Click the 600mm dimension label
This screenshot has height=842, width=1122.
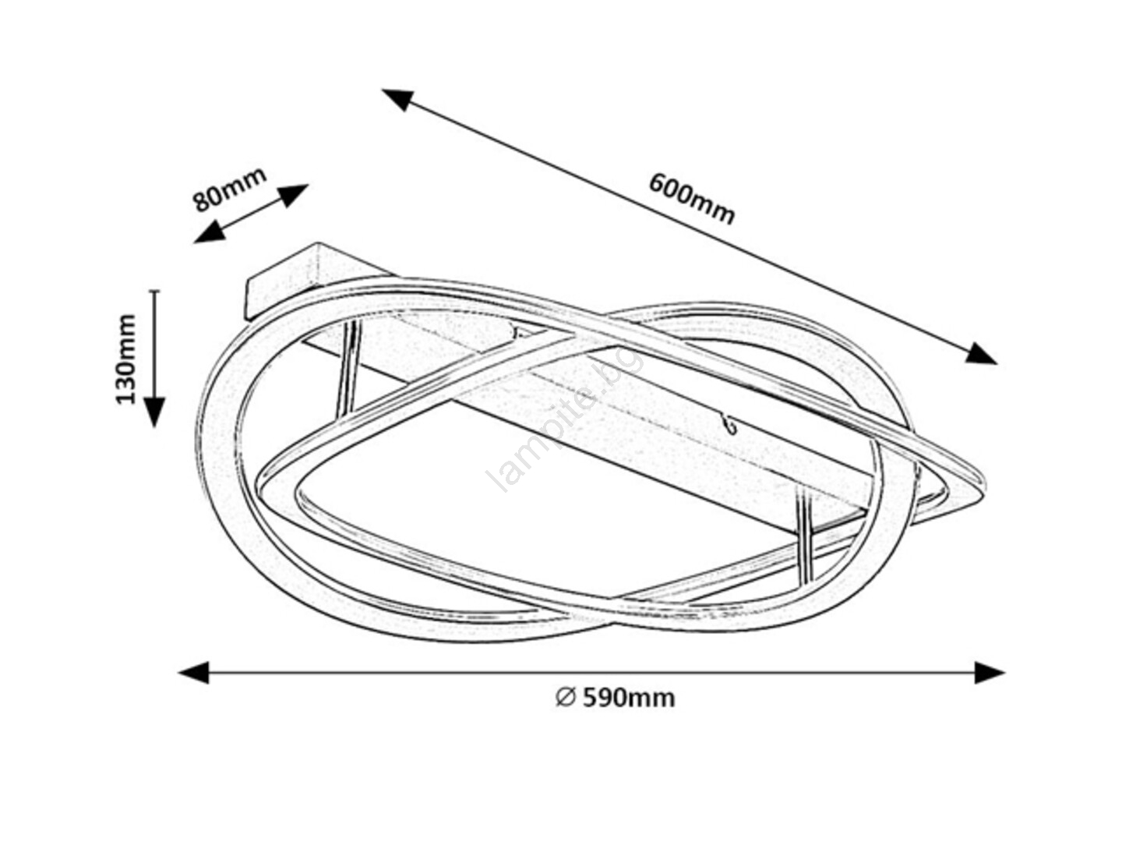tap(691, 198)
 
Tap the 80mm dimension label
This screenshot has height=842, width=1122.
tap(229, 189)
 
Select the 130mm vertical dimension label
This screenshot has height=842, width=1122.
tap(125, 359)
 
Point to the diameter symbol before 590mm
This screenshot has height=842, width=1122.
tap(566, 697)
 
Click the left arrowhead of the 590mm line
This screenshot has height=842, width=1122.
tap(194, 672)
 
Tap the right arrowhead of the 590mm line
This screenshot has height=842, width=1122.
tap(990, 672)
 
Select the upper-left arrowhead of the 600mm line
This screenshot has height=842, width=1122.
tap(397, 99)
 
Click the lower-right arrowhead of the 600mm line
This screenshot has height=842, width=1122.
tap(981, 354)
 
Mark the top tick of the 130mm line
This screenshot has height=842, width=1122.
tap(154, 292)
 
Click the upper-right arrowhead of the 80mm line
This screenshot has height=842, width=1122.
tap(294, 195)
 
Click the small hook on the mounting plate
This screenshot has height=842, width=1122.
tap(730, 424)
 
